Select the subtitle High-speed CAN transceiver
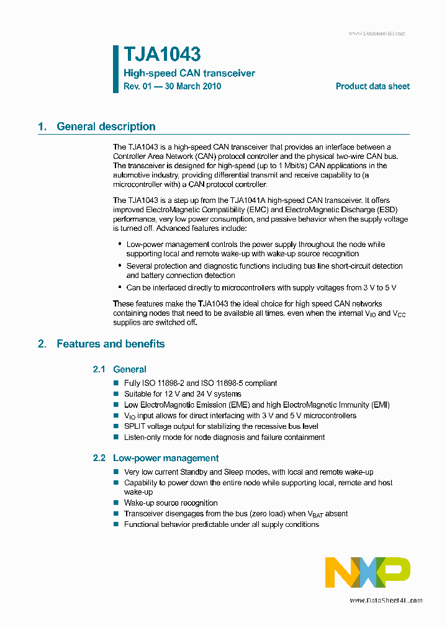coord(189,73)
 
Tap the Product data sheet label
coord(372,86)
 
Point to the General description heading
coord(106,127)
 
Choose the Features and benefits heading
coord(111,344)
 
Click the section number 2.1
coord(100,369)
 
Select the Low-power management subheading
coord(166,458)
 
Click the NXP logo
coord(368,572)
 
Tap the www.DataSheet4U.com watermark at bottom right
coord(386,600)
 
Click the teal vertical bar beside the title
coord(115,69)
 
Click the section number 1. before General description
coord(42,127)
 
